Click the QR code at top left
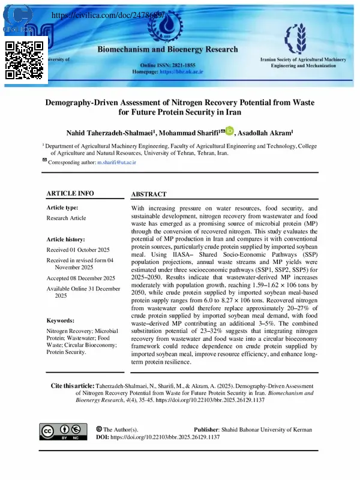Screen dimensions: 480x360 (25, 61)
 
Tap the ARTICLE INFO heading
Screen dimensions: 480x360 (70, 193)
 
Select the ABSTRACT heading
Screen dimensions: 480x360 (149, 194)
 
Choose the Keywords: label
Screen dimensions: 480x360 (60, 321)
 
